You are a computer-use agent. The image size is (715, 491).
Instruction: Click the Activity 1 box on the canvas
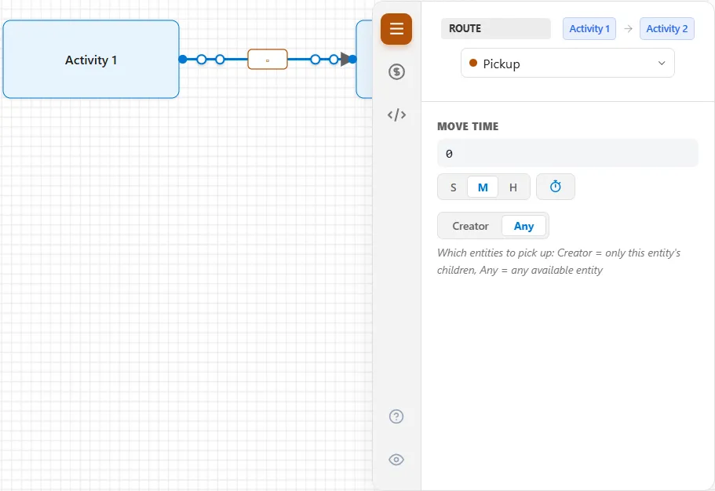coord(91,60)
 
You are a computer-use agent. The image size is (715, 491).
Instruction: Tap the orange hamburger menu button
coord(396,29)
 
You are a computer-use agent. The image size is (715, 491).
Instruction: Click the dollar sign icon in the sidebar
coord(396,71)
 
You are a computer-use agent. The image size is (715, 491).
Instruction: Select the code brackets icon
coord(396,115)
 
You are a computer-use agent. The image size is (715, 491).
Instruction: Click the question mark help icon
coord(396,416)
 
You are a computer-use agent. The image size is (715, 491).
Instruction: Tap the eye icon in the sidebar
coord(396,459)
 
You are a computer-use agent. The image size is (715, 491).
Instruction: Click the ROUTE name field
coord(496,28)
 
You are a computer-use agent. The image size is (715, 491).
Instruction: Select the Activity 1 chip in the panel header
coord(589,29)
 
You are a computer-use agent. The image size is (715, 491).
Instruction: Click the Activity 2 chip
coord(666,29)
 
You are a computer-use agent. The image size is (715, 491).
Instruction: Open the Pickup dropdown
coord(567,64)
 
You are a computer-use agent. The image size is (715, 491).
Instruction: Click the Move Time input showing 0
coord(567,153)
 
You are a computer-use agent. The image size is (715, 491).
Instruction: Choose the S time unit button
coord(454,187)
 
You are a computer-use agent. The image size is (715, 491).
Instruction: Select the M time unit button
coord(483,187)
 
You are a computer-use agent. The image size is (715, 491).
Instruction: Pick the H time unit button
coord(513,187)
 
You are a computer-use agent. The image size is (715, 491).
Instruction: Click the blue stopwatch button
coord(556,187)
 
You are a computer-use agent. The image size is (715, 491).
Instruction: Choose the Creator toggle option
coord(470,226)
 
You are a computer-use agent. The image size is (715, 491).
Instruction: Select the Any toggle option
coord(523,226)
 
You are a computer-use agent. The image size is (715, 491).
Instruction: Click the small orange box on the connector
coord(268,60)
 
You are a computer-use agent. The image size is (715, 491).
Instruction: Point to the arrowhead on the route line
coord(345,59)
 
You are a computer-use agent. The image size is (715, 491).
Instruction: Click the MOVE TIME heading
coord(468,126)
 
